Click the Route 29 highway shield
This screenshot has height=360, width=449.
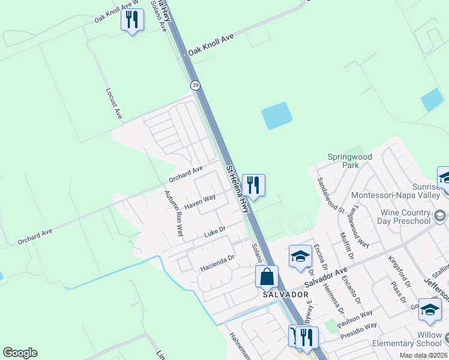[195, 86]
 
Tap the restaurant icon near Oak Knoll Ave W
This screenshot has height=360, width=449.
[132, 20]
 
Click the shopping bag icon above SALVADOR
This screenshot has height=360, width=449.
[267, 277]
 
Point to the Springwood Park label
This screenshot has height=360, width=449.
[350, 161]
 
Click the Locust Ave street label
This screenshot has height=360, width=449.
[114, 103]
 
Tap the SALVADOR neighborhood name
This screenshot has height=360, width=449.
[285, 295]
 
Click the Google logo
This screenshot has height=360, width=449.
[20, 353]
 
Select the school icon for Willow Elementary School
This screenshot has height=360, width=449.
[430, 309]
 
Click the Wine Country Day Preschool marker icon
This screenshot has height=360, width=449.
[440, 215]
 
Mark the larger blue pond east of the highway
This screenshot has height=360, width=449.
[277, 116]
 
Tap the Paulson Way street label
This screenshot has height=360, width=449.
[355, 317]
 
